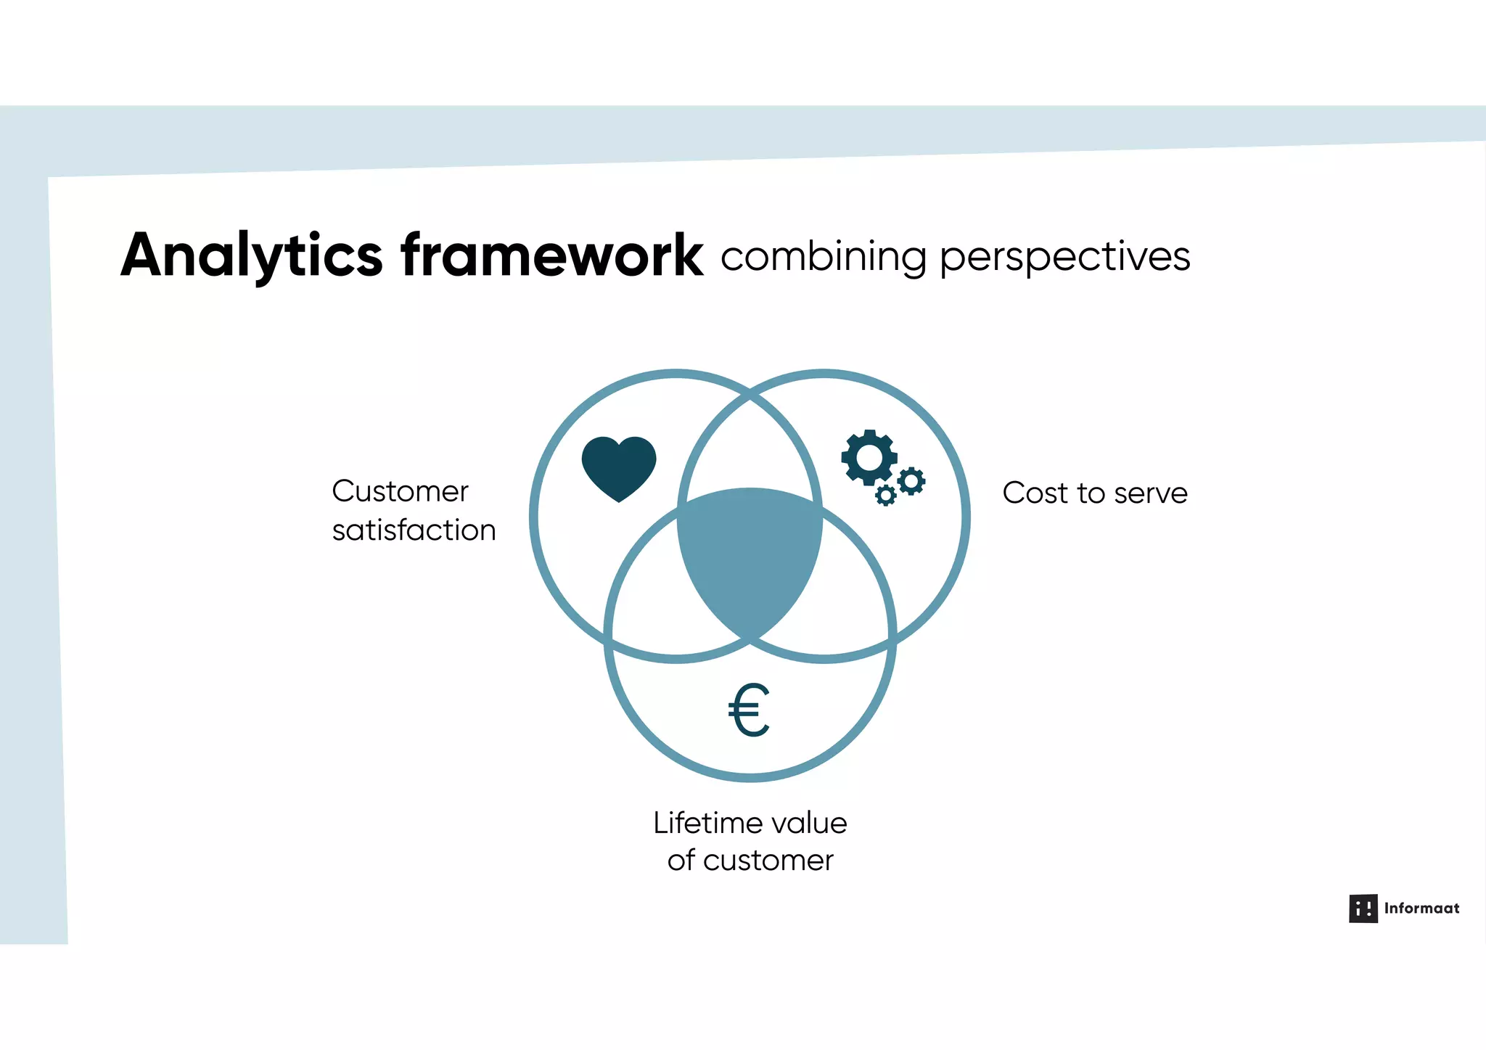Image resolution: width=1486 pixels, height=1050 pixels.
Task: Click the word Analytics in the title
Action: [251, 255]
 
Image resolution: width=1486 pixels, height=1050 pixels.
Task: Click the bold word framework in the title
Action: [551, 255]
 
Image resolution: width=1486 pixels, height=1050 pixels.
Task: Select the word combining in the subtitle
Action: [824, 258]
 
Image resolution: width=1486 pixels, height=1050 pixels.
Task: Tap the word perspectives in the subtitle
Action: [1064, 258]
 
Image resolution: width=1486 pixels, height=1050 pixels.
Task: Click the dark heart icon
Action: [619, 467]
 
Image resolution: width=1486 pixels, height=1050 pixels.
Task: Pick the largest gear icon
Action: [869, 457]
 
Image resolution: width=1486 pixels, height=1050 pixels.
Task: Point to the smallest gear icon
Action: [885, 496]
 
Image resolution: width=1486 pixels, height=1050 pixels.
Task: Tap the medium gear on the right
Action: [911, 480]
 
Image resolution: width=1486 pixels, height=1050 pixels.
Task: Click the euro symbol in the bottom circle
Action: [749, 710]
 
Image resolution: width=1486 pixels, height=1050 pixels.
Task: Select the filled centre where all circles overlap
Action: [750, 559]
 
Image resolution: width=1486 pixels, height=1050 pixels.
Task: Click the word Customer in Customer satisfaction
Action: [400, 492]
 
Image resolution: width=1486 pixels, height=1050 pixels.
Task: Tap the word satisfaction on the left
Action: [414, 531]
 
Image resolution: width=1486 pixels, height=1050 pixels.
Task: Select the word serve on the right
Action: [1151, 494]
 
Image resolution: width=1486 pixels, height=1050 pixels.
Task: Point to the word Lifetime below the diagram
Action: [708, 824]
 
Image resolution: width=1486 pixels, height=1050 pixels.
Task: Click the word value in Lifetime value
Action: [810, 824]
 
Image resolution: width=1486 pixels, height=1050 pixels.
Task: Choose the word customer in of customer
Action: [768, 861]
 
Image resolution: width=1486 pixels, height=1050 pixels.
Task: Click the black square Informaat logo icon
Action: [1363, 909]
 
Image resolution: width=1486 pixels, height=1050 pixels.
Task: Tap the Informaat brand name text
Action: [1421, 909]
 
